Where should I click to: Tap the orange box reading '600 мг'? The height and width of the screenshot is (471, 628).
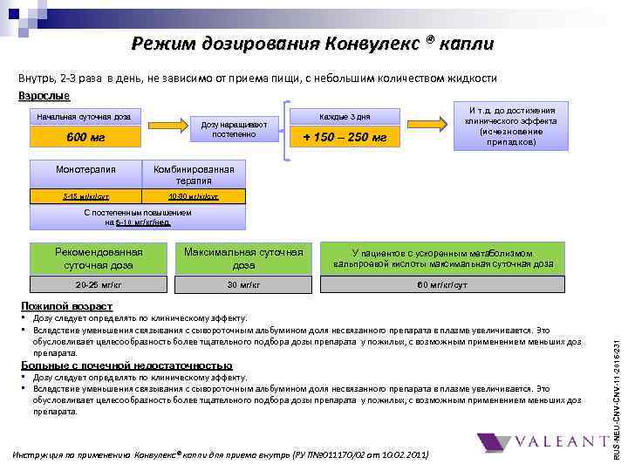85,137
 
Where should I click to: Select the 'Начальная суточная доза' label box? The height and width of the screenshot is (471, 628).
85,117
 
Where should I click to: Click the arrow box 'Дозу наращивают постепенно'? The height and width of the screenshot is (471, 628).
228,128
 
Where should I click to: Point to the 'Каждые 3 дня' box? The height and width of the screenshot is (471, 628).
345,117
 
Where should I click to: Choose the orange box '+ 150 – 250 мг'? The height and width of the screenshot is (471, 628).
345,137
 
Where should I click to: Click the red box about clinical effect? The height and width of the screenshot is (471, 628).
511,126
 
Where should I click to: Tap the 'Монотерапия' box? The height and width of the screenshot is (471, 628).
85,169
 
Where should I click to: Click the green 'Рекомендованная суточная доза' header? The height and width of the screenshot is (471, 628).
98,258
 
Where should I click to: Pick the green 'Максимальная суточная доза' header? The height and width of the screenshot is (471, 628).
243,258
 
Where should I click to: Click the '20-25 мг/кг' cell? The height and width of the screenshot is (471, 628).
98,285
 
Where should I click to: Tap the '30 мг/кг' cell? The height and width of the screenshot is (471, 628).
243,285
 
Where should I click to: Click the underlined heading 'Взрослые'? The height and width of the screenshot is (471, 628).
44,95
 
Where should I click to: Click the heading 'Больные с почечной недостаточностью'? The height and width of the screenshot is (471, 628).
126,365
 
